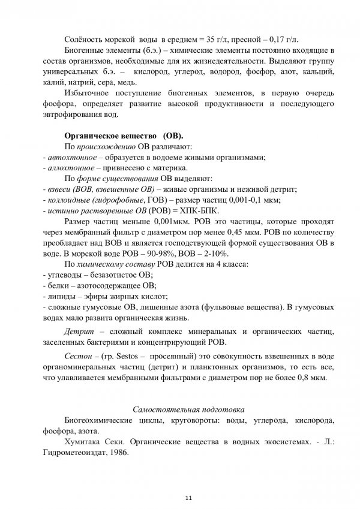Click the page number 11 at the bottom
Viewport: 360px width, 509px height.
tap(188, 497)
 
